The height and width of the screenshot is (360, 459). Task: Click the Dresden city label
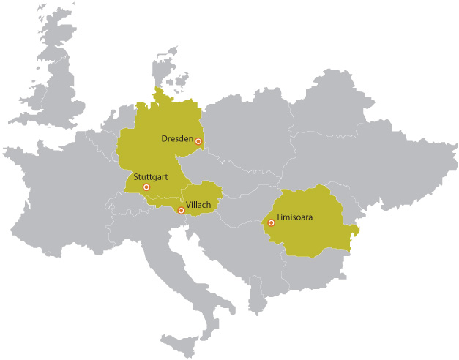point(177,138)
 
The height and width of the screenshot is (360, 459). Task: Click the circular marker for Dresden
point(198,141)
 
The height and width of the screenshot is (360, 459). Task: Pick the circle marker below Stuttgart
point(146,187)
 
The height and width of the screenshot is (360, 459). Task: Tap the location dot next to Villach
point(182,211)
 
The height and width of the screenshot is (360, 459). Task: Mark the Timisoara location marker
point(272,222)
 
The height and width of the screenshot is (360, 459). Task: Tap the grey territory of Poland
point(249,132)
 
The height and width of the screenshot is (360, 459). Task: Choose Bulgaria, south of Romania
point(315,271)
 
